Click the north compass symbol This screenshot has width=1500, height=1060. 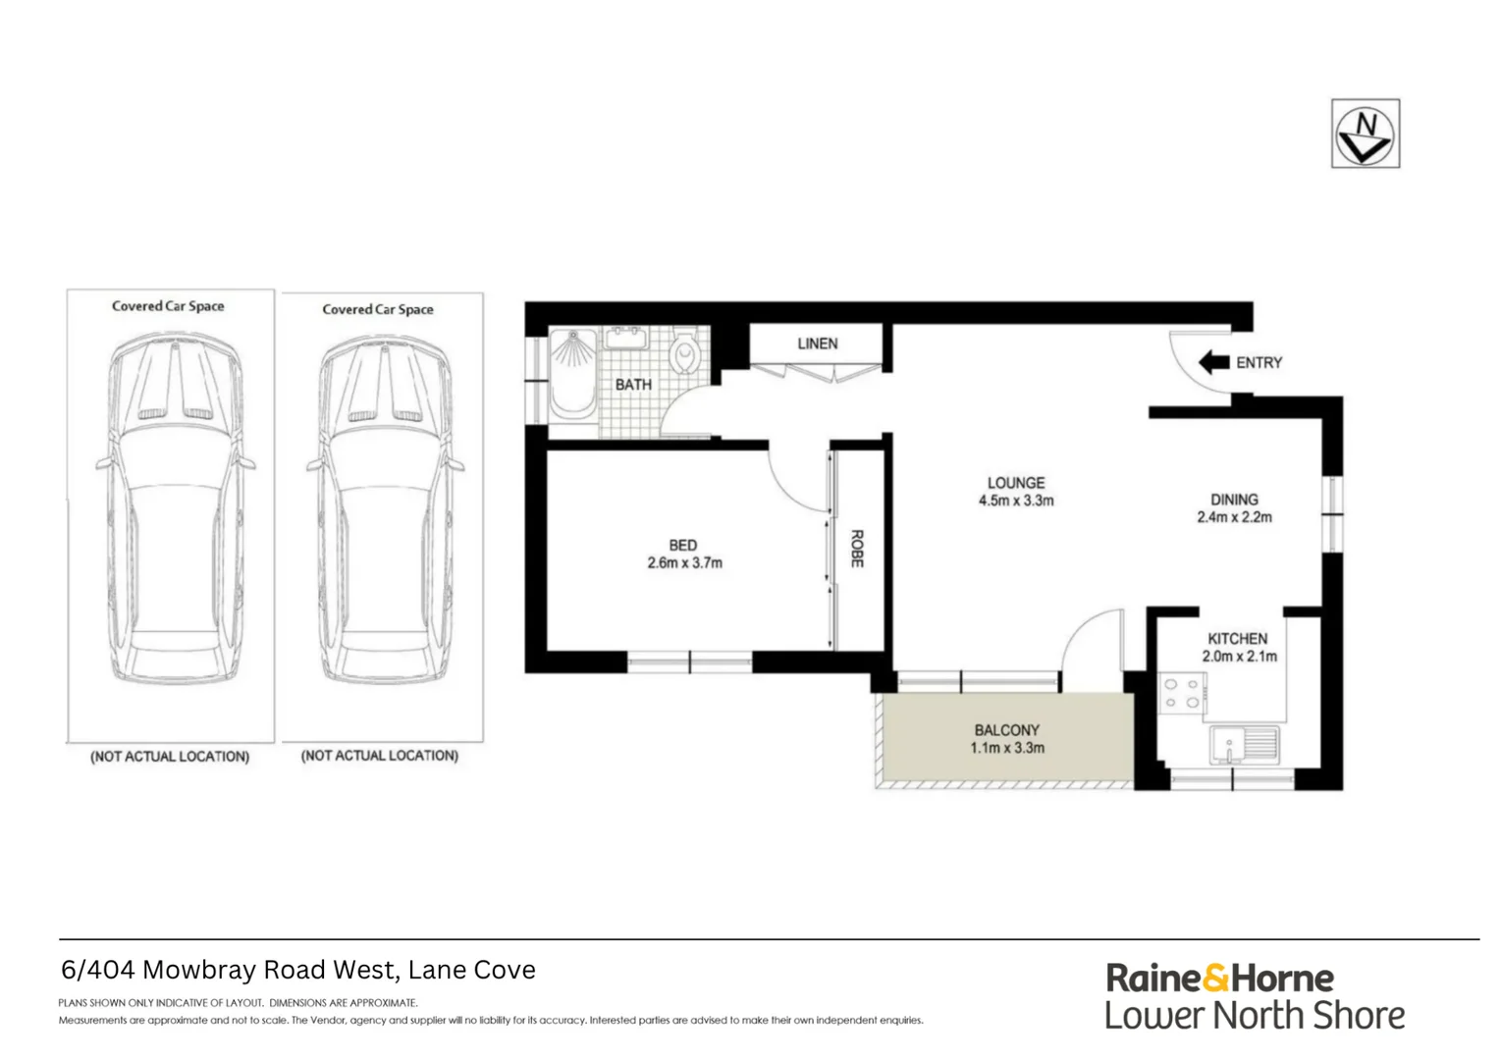(x=1365, y=133)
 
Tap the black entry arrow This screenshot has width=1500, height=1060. (x=1214, y=362)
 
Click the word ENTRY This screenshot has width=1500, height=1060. (x=1259, y=363)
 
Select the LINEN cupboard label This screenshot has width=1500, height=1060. (x=817, y=344)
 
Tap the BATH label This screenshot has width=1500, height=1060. (x=633, y=385)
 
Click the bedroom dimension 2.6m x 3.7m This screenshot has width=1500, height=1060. (x=684, y=563)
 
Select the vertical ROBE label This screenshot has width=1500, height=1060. (x=856, y=549)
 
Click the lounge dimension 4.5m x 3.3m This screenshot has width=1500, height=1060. (x=1016, y=501)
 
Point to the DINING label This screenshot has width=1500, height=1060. (x=1234, y=500)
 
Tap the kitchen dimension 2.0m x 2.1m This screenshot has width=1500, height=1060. (x=1239, y=657)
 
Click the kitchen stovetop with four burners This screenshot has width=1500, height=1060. (x=1181, y=693)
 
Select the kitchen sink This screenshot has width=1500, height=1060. (x=1244, y=745)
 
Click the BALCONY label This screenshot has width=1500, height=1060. (x=1006, y=730)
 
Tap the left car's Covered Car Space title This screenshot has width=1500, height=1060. (x=168, y=306)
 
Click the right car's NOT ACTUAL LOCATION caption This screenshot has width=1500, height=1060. (x=379, y=756)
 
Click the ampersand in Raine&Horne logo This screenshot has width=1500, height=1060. (x=1215, y=979)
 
